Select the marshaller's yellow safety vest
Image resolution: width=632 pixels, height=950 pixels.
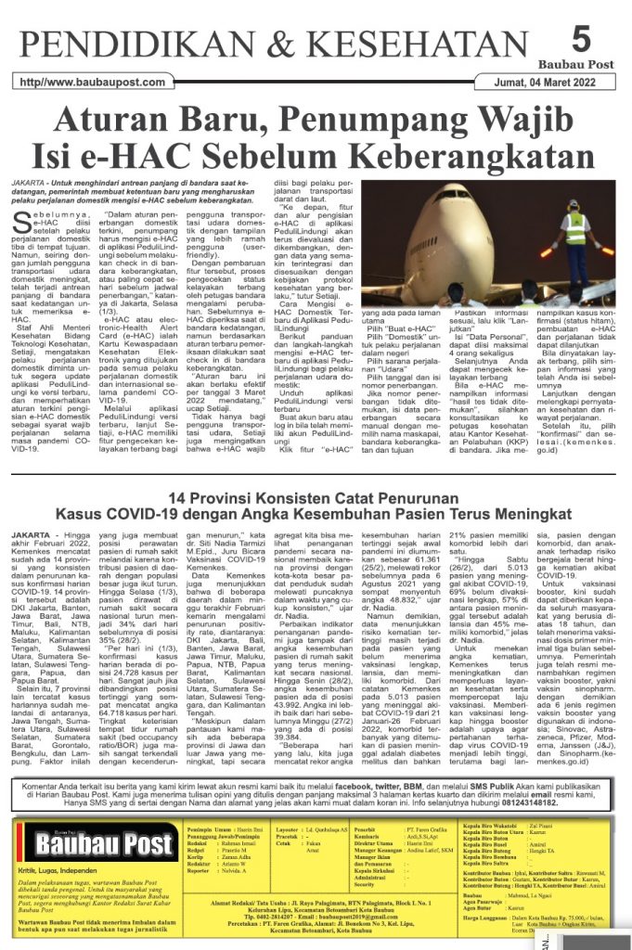pyautogui.click(x=576, y=227)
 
